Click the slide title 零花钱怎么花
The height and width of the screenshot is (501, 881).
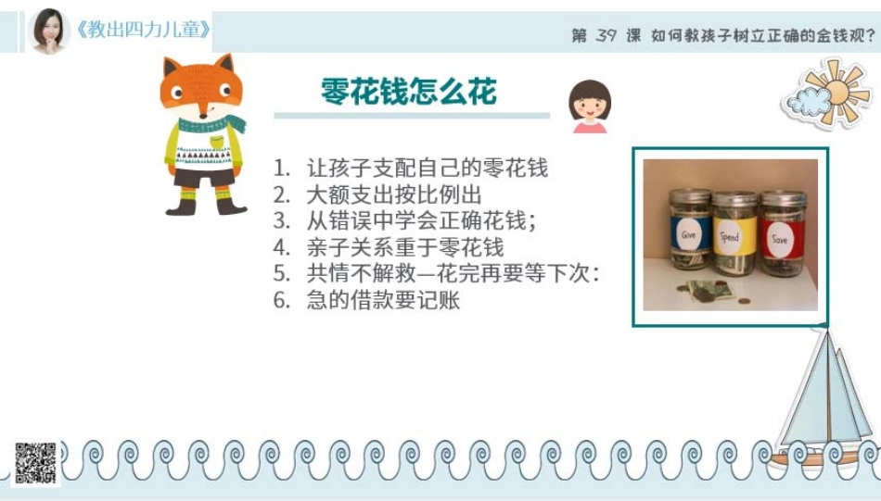click(x=409, y=92)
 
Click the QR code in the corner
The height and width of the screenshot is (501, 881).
click(x=35, y=462)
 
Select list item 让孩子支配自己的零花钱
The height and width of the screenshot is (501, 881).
click(x=427, y=168)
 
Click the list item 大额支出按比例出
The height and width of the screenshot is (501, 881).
click(x=394, y=194)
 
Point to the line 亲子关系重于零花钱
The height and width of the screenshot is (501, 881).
click(x=405, y=247)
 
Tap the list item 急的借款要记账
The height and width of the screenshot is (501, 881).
click(x=383, y=300)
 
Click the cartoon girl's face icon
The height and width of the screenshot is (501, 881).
click(x=589, y=105)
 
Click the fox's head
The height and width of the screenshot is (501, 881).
click(x=200, y=88)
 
